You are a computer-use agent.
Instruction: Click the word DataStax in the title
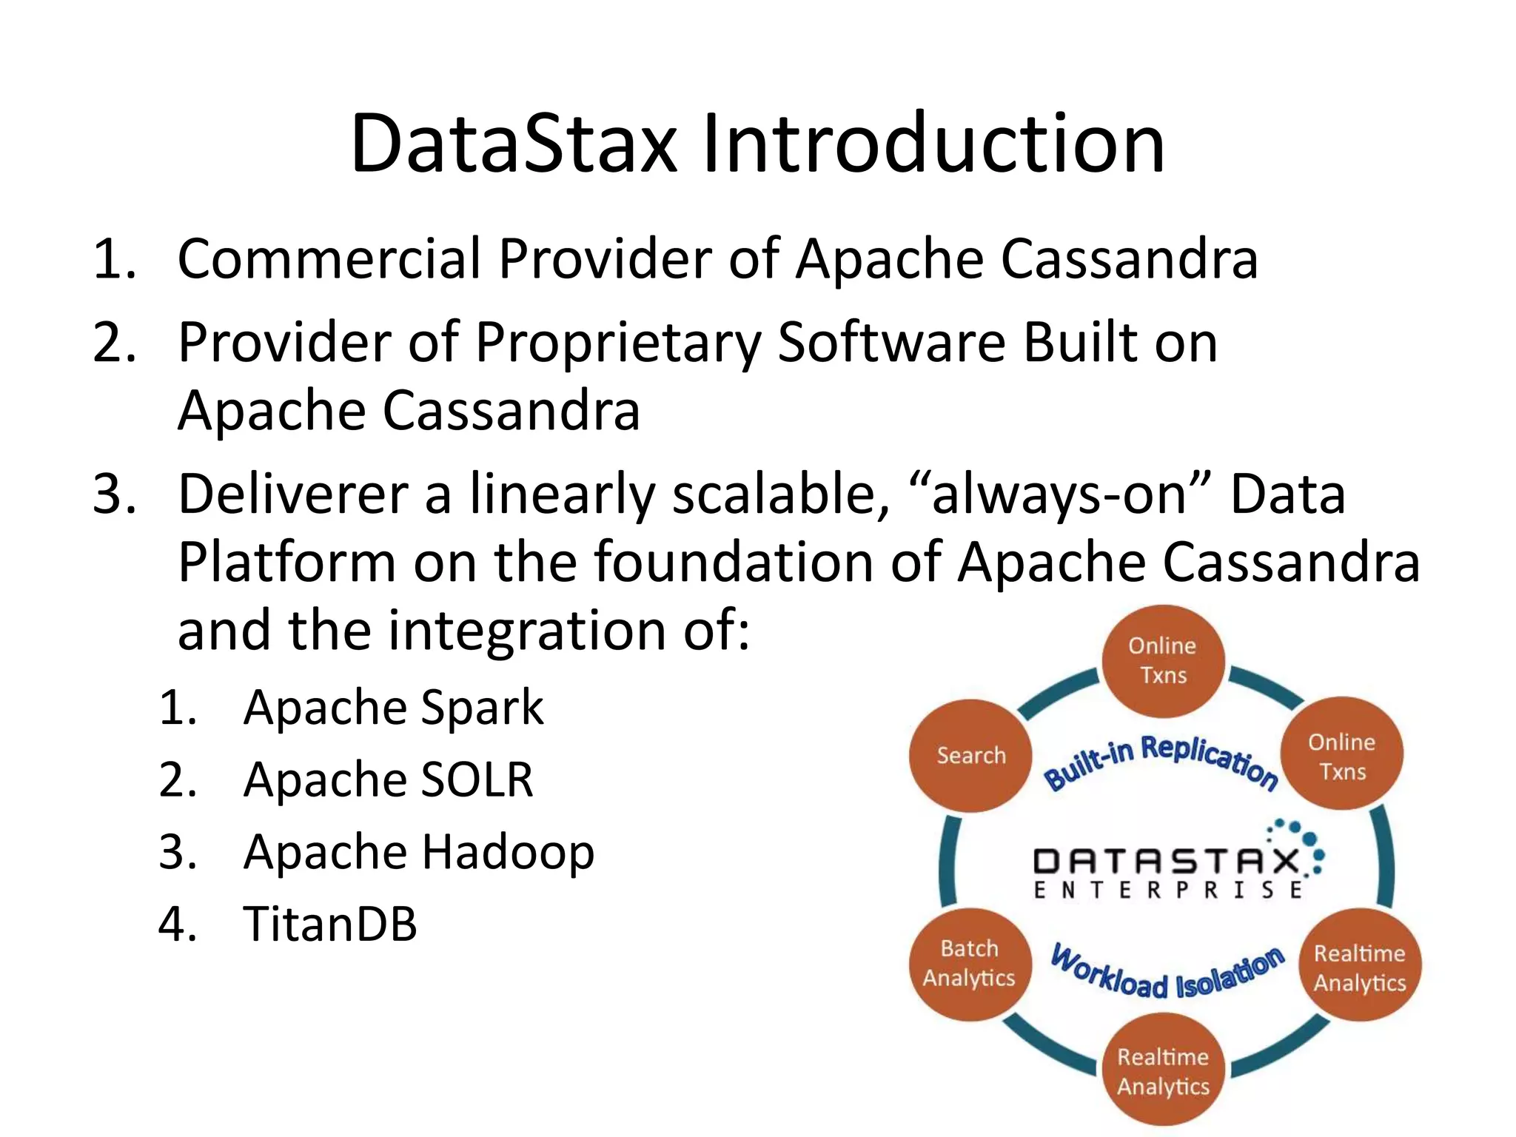pos(513,144)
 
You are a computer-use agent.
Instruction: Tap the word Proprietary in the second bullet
pos(618,344)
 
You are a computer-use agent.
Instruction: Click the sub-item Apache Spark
pos(393,707)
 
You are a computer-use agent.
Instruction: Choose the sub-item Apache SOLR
pos(388,779)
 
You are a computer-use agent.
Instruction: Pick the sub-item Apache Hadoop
pos(418,852)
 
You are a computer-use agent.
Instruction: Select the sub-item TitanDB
pos(330,925)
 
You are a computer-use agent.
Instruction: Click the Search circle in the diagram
pos(970,756)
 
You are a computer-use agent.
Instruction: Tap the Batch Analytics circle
pos(969,964)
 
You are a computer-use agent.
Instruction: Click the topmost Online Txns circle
pos(1162,660)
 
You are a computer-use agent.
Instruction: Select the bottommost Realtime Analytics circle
pos(1162,1071)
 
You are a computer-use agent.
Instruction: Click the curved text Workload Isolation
pos(1167,973)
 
